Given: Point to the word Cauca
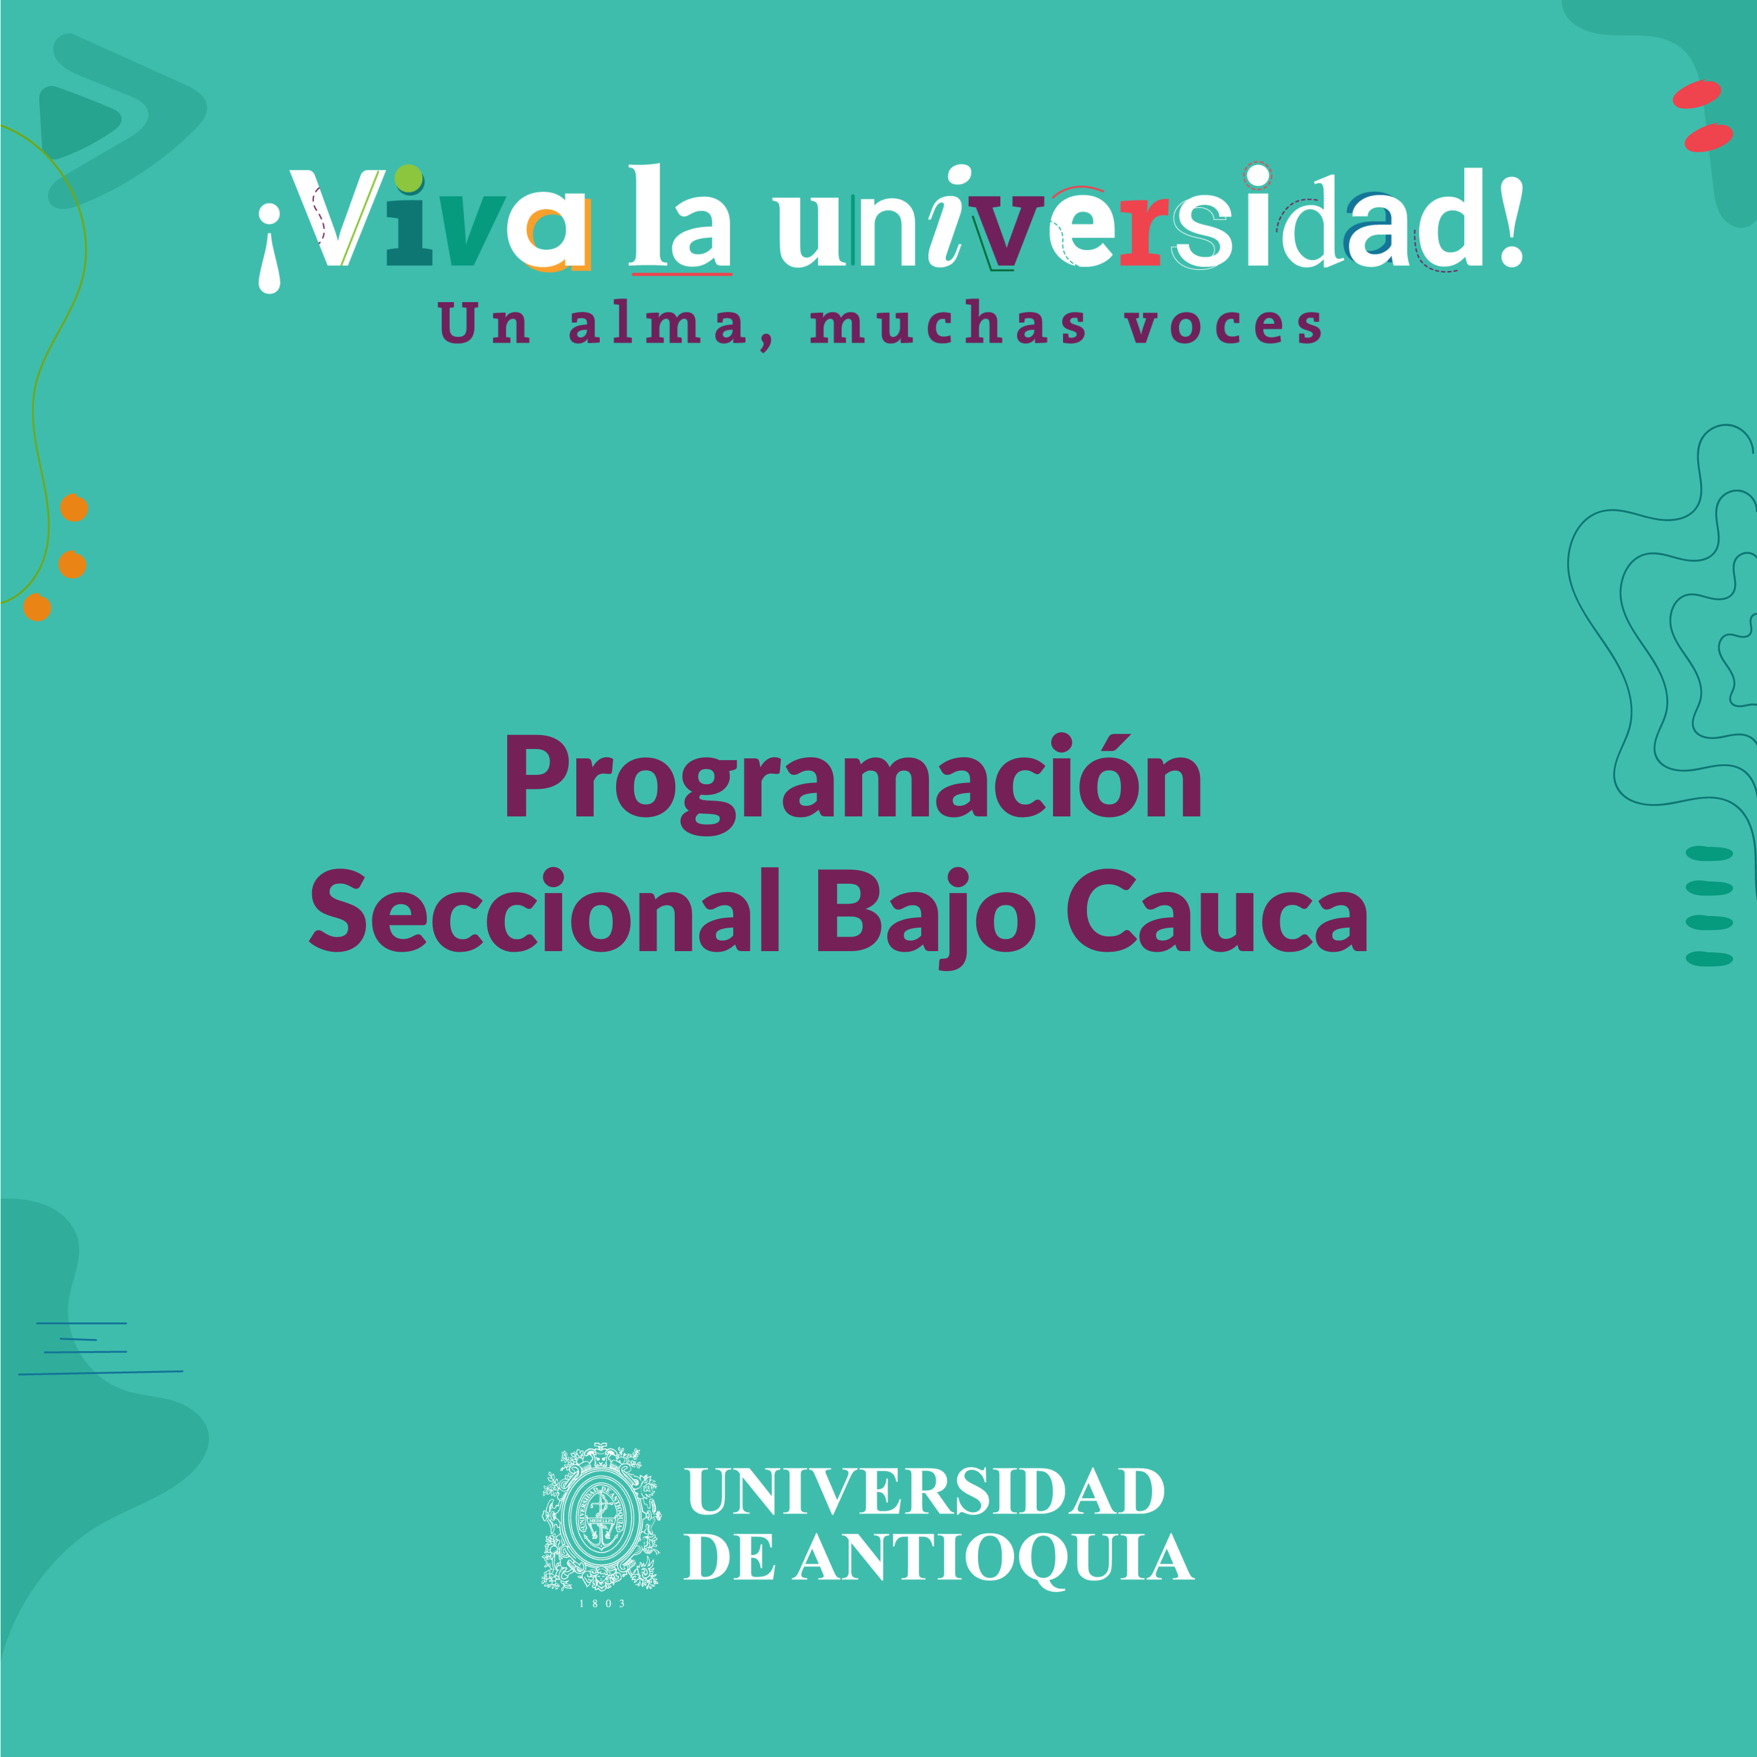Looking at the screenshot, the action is click(1217, 911).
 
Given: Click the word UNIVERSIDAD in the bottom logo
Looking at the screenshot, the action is click(925, 1492).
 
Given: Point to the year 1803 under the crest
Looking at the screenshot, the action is click(602, 1604).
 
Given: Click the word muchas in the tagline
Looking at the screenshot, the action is click(949, 324).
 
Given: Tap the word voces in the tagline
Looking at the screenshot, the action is click(1223, 326).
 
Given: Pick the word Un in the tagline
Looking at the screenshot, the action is click(484, 324).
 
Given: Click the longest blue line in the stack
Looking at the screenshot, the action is click(100, 1372).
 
